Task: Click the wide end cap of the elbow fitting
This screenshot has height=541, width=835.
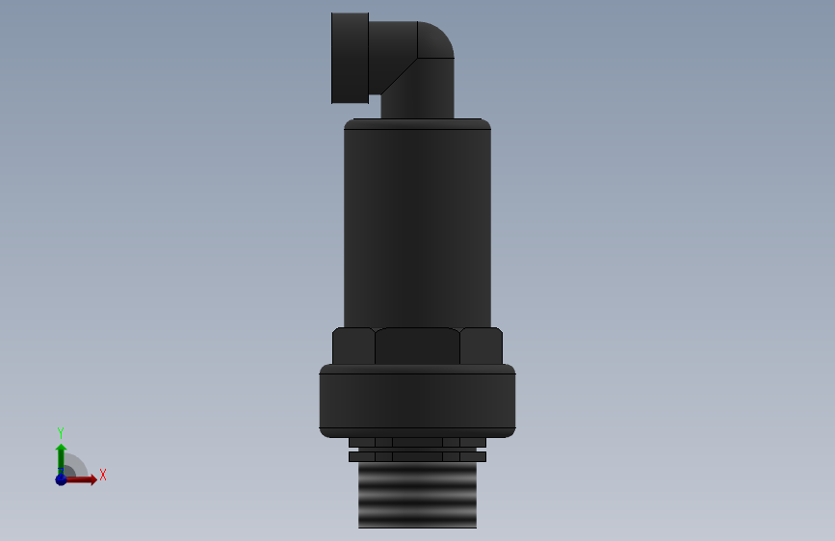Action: pos(350,58)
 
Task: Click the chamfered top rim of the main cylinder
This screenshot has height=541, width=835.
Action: pos(417,124)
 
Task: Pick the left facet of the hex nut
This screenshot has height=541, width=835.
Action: pos(353,347)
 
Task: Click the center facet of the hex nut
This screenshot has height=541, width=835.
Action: pos(417,347)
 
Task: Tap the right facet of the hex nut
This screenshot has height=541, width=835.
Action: pos(482,347)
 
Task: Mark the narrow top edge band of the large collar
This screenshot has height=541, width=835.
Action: pos(417,369)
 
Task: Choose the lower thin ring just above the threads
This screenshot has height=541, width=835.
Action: pos(417,456)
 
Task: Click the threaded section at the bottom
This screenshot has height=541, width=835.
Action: pos(417,496)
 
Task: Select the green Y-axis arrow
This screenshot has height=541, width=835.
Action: pos(61,456)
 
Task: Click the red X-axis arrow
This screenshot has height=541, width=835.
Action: pos(85,479)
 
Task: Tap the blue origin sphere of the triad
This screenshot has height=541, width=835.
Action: pos(61,479)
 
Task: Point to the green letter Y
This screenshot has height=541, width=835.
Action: pos(61,432)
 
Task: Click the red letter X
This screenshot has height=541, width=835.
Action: pos(102,475)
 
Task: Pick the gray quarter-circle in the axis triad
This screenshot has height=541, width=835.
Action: pos(75,467)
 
